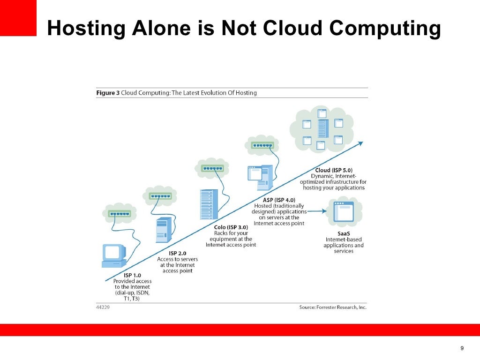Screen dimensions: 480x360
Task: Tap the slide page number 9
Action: coord(462,348)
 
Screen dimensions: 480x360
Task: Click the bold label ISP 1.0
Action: coord(132,275)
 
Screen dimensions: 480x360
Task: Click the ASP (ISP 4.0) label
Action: coord(279,200)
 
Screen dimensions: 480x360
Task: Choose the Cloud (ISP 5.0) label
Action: coord(333,170)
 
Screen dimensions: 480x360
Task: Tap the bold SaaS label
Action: coord(343,233)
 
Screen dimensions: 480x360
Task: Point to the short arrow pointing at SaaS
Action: coord(317,211)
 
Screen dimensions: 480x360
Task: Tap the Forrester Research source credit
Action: coord(333,307)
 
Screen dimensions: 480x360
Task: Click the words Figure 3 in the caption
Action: coord(108,93)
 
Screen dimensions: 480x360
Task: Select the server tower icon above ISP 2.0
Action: coord(162,230)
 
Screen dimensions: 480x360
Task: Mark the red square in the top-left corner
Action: coord(18,18)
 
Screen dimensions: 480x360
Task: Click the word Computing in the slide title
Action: coord(385,29)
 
